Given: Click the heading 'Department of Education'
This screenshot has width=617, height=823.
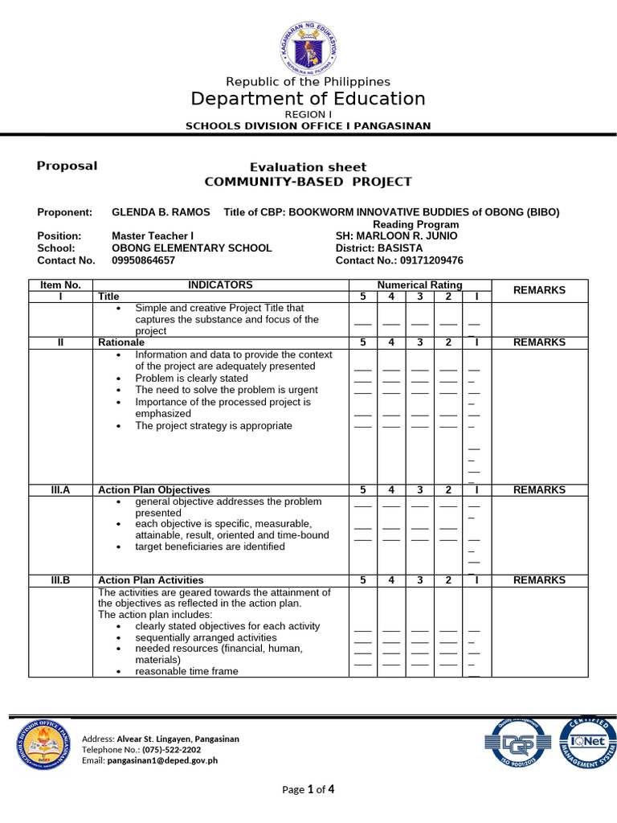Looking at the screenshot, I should coord(308,99).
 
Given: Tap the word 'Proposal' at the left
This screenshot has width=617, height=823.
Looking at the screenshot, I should coord(67,166).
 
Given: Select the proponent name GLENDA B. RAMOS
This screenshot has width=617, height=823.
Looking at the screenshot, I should coord(161,212).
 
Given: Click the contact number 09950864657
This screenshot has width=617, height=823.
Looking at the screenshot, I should coord(143,260).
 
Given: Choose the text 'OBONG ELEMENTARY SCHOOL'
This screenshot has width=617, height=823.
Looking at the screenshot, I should coord(191,248).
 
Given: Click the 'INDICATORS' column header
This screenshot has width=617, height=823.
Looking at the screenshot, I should coord(220,285).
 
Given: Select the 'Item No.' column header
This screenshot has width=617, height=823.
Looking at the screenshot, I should coord(61,285).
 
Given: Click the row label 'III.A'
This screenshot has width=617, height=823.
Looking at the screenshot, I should coord(61,489).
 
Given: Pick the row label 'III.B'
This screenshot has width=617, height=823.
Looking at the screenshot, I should coord(61,580).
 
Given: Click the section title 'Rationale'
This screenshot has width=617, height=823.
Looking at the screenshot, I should coord(121,342).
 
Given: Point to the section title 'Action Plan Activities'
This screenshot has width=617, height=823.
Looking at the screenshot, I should coord(150,580).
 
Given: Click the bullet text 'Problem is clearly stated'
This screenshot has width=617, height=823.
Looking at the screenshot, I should coord(191,378).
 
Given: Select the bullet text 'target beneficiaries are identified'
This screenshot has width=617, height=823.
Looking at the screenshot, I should coord(210,547).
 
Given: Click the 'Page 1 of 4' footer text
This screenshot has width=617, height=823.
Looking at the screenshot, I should coord(308,789).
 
